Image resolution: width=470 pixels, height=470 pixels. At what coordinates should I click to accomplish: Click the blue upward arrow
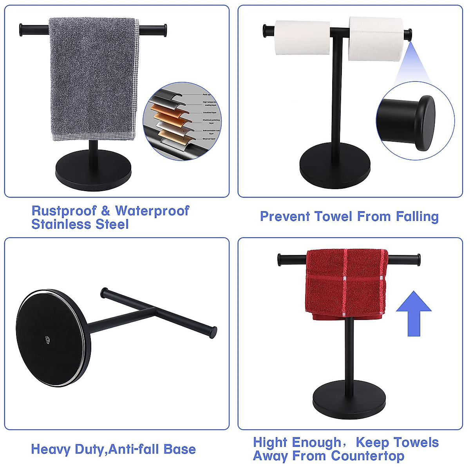pos(414,313)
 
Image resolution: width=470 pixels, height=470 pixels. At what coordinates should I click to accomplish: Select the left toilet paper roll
pos(302,38)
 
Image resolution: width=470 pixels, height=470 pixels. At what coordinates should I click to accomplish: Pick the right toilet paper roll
pos(376,39)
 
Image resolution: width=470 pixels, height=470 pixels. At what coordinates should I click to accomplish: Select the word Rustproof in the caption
pos(64,211)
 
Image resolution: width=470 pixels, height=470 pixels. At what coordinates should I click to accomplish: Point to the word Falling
pos(417,217)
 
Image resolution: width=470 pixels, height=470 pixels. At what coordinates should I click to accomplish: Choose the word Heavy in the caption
pos(49,449)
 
